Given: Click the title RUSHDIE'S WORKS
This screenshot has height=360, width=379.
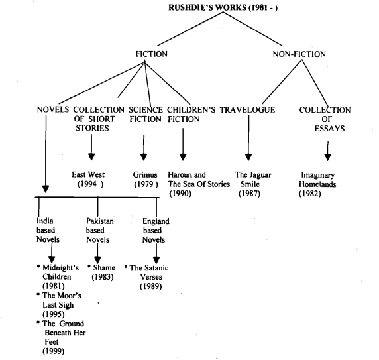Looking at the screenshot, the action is pyautogui.click(x=207, y=7).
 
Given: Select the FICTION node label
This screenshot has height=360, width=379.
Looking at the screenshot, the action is pyautogui.click(x=152, y=54).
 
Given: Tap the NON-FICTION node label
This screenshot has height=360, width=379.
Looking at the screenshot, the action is pyautogui.click(x=299, y=54).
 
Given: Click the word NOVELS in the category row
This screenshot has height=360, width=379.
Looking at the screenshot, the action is pyautogui.click(x=53, y=110).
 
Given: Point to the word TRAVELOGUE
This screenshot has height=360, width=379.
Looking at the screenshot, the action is pyautogui.click(x=247, y=110).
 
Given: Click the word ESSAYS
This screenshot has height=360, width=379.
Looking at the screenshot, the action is pyautogui.click(x=329, y=128).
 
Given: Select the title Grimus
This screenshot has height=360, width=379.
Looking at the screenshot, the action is pyautogui.click(x=145, y=174).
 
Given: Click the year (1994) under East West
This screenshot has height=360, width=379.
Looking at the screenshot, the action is pyautogui.click(x=90, y=184).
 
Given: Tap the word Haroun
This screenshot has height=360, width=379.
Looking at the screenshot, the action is pyautogui.click(x=178, y=174).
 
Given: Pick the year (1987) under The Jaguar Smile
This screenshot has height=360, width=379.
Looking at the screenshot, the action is pyautogui.click(x=249, y=194).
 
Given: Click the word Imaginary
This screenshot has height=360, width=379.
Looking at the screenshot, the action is pyautogui.click(x=317, y=175).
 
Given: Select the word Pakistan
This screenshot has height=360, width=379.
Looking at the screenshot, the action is pyautogui.click(x=100, y=221).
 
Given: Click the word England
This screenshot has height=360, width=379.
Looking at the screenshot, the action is pyautogui.click(x=156, y=221).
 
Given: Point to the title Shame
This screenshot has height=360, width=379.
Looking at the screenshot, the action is pyautogui.click(x=104, y=268).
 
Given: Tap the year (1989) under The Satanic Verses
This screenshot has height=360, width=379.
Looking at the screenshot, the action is pyautogui.click(x=151, y=286).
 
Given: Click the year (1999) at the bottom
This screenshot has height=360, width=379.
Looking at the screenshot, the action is pyautogui.click(x=54, y=351).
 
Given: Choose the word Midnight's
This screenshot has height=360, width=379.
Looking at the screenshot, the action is pyautogui.click(x=61, y=268).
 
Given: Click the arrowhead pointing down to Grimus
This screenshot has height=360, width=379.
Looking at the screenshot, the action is pyautogui.click(x=144, y=157).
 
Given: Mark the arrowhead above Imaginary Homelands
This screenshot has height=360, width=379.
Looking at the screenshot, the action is pyautogui.click(x=327, y=157).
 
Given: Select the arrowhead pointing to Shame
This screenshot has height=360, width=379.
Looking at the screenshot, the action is pyautogui.click(x=97, y=260).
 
